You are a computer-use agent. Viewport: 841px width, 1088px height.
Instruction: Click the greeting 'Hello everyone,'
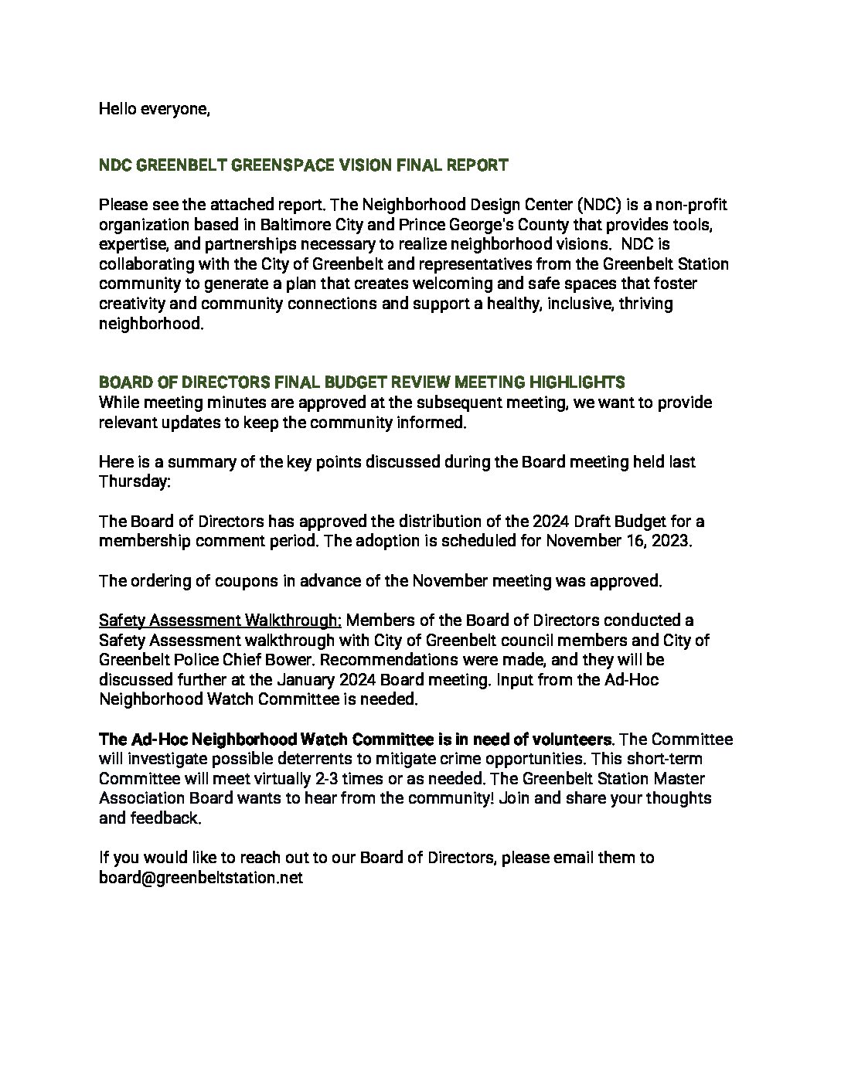(154, 109)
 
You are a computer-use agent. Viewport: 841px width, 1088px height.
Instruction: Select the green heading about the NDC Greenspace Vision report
(303, 165)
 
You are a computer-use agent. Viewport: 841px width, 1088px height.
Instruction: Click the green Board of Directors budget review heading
(362, 382)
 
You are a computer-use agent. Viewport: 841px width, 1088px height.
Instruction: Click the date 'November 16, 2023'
(617, 541)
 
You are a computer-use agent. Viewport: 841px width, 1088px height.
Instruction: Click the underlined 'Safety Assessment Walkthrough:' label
(220, 620)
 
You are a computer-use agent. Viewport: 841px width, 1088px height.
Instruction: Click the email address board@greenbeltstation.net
(200, 878)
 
